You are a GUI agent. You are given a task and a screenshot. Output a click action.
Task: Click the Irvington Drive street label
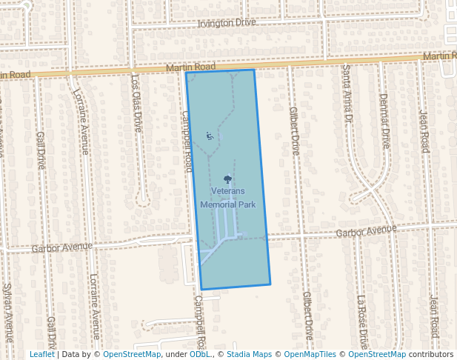coord(226,23)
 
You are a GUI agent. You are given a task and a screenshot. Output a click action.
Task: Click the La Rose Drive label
coord(362,322)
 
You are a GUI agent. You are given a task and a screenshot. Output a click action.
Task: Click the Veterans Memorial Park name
coord(227,197)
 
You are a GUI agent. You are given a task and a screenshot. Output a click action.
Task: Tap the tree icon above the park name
coord(227,179)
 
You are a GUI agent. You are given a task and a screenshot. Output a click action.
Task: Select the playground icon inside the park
coord(210,136)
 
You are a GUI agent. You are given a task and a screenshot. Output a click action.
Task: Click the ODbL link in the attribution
coord(199,354)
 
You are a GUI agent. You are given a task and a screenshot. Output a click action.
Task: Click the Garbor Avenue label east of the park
coord(366,231)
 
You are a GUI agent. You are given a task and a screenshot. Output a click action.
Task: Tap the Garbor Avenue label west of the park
coord(62,246)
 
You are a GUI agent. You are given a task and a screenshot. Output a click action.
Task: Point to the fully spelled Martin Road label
coord(191,67)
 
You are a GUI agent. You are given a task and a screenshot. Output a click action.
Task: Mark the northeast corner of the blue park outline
coord(254,70)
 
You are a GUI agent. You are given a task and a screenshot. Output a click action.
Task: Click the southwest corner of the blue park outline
coord(201,289)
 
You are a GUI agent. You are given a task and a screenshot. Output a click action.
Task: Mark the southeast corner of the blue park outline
coord(270,284)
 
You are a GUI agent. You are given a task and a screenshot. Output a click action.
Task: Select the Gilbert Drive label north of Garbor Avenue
coord(294,130)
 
